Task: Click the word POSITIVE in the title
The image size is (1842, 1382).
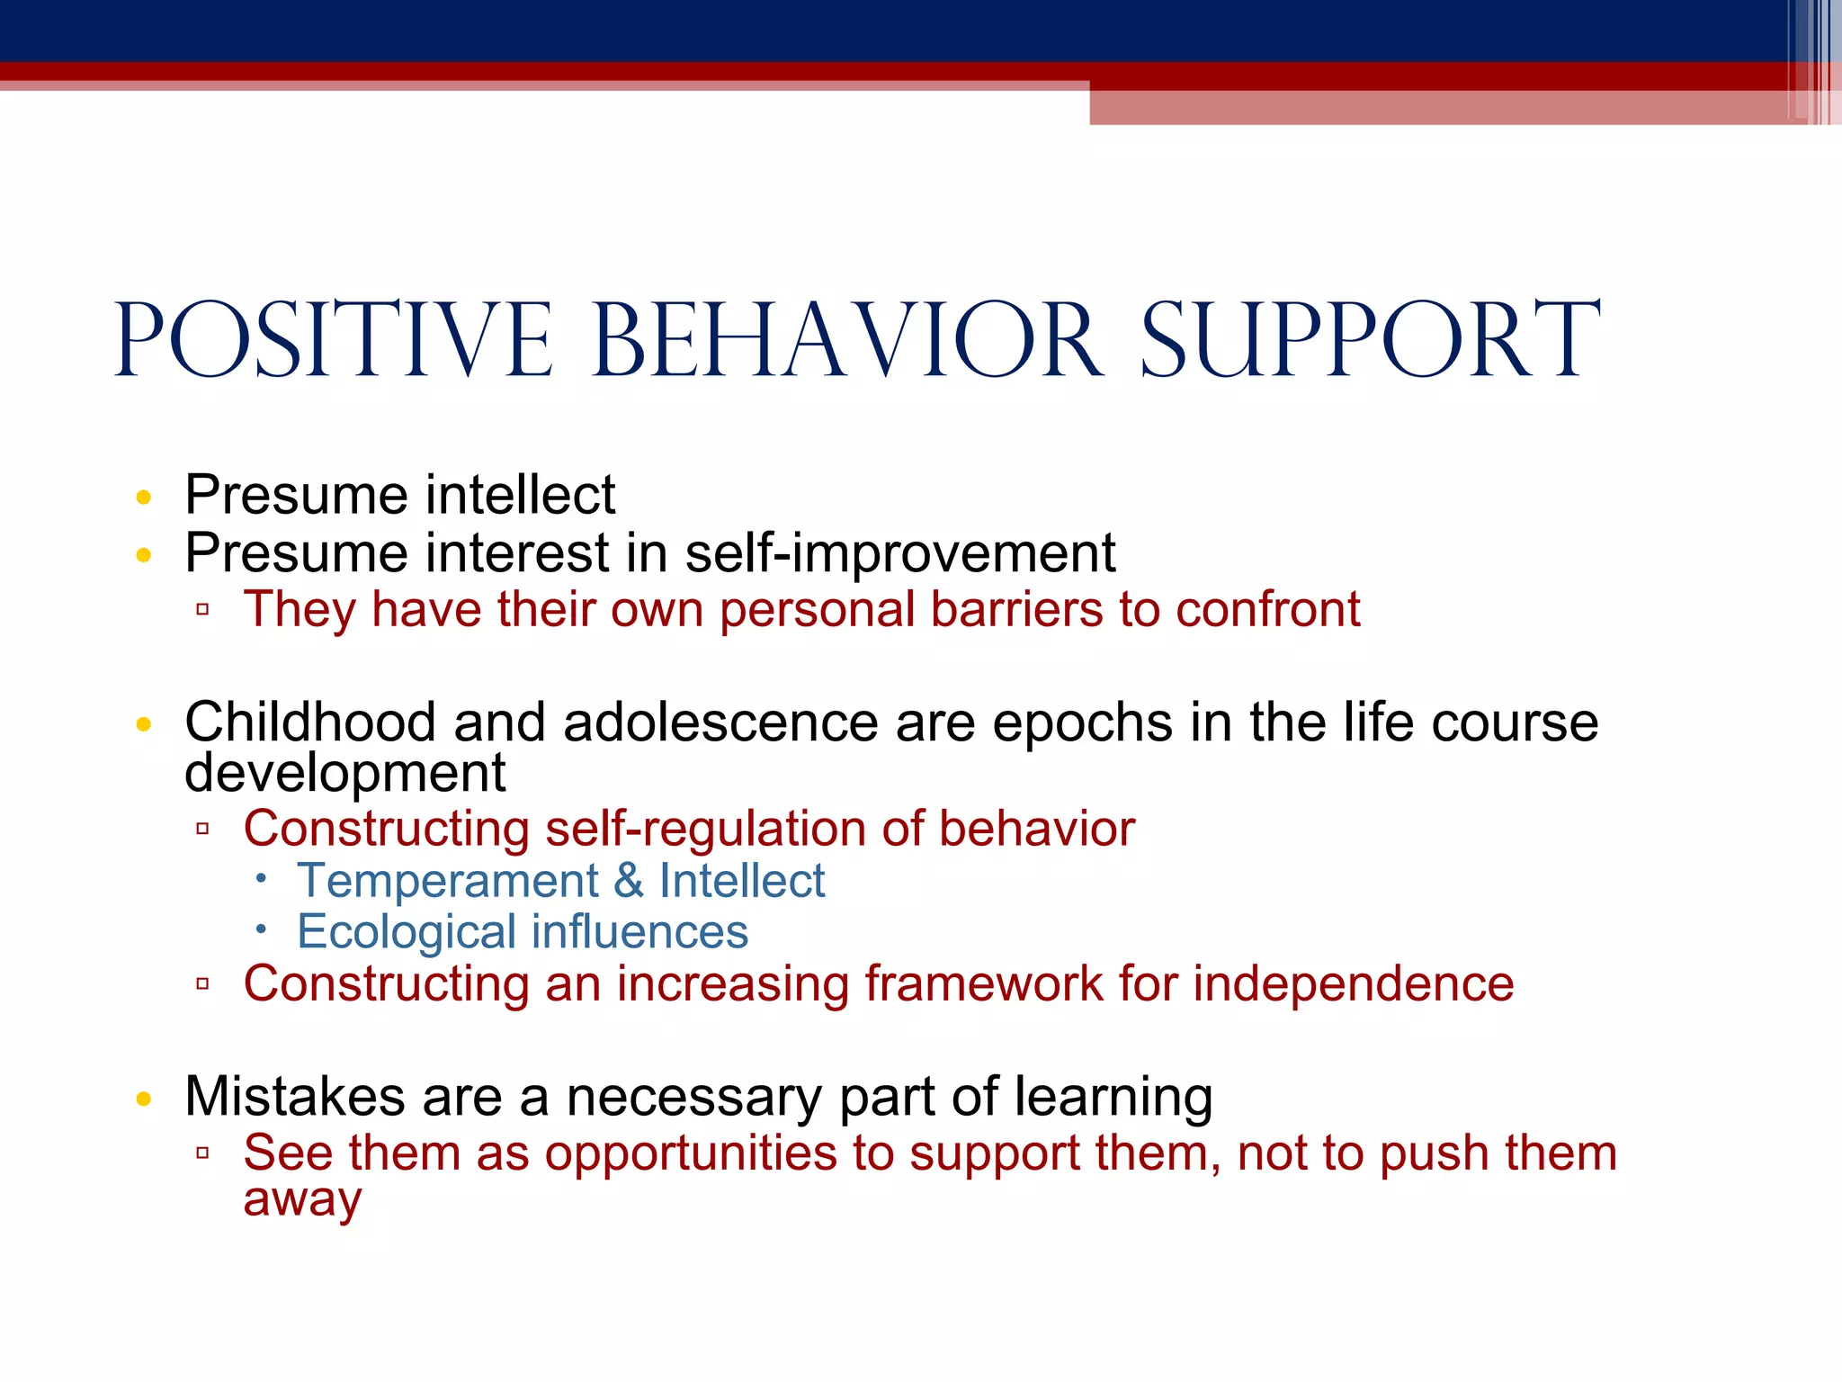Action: coord(333,340)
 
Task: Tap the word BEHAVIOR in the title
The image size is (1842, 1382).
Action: coord(847,340)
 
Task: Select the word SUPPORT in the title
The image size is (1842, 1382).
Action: coord(1371,340)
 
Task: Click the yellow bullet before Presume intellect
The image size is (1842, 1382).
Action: coord(144,498)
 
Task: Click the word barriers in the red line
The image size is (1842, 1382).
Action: coord(1016,610)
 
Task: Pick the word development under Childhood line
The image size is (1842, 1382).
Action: coord(344,774)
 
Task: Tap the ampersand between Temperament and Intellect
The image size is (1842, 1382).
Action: coord(628,881)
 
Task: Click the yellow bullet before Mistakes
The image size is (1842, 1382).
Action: coord(144,1099)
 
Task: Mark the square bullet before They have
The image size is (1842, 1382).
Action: coord(202,610)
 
